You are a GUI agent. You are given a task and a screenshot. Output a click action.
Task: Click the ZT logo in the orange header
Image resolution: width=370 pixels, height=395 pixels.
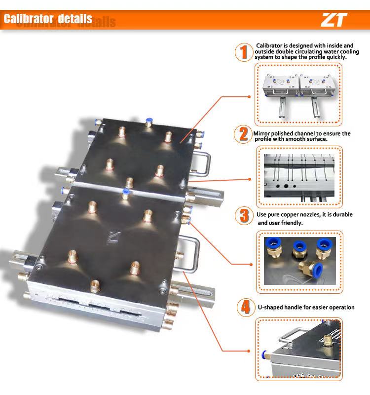(x=334, y=20)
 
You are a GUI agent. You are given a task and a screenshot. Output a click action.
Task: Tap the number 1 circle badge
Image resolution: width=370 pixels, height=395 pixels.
(x=242, y=52)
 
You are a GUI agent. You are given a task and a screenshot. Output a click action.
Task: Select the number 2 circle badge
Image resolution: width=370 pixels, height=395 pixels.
(x=243, y=135)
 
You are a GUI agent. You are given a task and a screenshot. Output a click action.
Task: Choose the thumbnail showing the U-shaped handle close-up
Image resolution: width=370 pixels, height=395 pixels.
(x=299, y=349)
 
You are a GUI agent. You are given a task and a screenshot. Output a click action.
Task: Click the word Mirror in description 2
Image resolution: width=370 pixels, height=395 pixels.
(x=263, y=133)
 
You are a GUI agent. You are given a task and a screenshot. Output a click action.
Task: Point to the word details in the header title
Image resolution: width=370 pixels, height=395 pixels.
(x=75, y=19)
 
